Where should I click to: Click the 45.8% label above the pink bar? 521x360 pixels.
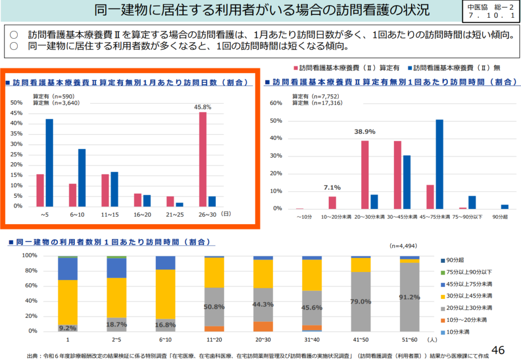click(x=202, y=107)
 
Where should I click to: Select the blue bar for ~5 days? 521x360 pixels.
click(x=49, y=163)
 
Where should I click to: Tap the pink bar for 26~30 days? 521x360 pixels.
click(x=202, y=159)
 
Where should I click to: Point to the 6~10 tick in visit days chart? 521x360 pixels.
click(x=78, y=215)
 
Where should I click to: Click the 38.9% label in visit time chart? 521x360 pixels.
click(x=364, y=132)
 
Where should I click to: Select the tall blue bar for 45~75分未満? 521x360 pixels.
click(x=440, y=164)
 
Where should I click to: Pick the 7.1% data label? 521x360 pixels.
click(x=332, y=188)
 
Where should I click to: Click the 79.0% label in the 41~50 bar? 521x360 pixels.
click(x=361, y=302)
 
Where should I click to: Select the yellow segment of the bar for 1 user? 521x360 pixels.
click(x=68, y=303)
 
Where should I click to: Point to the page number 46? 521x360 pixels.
click(x=499, y=350)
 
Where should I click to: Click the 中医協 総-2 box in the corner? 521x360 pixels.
click(x=489, y=11)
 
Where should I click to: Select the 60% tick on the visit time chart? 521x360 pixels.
click(x=275, y=103)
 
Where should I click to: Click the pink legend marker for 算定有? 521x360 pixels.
click(x=295, y=68)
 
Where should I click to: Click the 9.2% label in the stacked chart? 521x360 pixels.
click(x=68, y=328)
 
